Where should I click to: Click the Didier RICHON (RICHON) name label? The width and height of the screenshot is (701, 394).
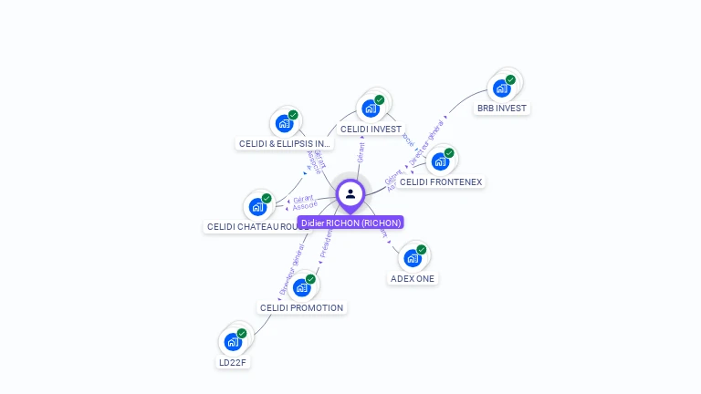350,223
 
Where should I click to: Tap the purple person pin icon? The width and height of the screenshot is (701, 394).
350,193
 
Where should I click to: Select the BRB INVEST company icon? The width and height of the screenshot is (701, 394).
501,88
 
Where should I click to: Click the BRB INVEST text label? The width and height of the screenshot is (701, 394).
502,108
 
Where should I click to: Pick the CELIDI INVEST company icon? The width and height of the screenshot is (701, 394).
370,109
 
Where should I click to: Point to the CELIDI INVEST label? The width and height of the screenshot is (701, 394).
371,130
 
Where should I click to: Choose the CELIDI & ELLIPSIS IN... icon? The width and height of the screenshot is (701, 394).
284,123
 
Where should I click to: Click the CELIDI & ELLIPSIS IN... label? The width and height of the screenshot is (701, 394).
285,143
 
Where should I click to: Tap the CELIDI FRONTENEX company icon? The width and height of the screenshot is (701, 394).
440,161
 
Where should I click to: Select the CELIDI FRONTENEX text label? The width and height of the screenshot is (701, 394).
441,181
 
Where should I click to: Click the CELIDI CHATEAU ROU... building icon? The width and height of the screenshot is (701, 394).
257,206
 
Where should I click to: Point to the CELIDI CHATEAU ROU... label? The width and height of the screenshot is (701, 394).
252,226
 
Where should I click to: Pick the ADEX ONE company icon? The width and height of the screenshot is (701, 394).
413,258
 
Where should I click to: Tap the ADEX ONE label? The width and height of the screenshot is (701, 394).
413,278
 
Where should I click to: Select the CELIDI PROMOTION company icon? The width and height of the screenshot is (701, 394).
301,287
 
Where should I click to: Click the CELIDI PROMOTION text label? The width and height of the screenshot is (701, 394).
301,307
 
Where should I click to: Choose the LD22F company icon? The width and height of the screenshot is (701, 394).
233,342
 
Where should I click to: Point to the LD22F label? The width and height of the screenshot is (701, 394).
233,362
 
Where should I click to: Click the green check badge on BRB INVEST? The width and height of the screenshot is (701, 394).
511,79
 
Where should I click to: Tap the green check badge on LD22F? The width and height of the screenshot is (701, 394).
242,334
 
